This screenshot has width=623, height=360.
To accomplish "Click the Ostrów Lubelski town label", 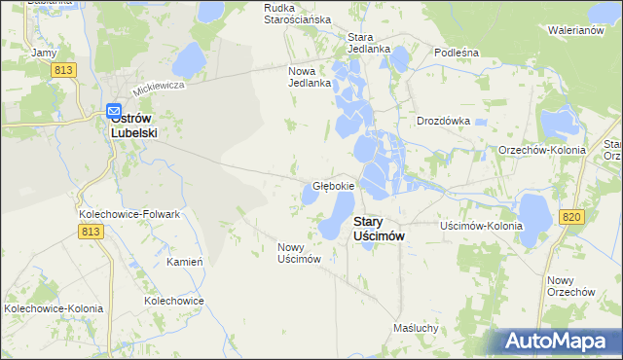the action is [133, 126].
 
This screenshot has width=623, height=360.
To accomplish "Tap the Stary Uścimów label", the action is [379, 229].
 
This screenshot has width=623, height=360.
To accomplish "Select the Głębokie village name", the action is [333, 185].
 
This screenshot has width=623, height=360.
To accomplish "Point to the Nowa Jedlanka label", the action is [311, 77].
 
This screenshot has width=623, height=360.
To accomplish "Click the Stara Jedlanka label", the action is [369, 43].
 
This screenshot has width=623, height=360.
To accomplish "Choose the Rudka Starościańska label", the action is [298, 13].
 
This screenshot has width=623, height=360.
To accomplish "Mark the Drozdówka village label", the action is [443, 122].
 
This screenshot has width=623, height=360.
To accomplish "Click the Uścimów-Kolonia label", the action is [482, 226].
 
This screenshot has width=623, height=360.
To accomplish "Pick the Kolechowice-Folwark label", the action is [125, 213].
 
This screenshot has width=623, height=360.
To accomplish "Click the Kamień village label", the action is [184, 263].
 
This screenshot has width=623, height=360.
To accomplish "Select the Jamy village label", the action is [44, 53].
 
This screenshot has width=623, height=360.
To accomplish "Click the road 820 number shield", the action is [572, 216].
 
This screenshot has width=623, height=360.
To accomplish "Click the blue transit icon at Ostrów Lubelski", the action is [113, 111].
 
